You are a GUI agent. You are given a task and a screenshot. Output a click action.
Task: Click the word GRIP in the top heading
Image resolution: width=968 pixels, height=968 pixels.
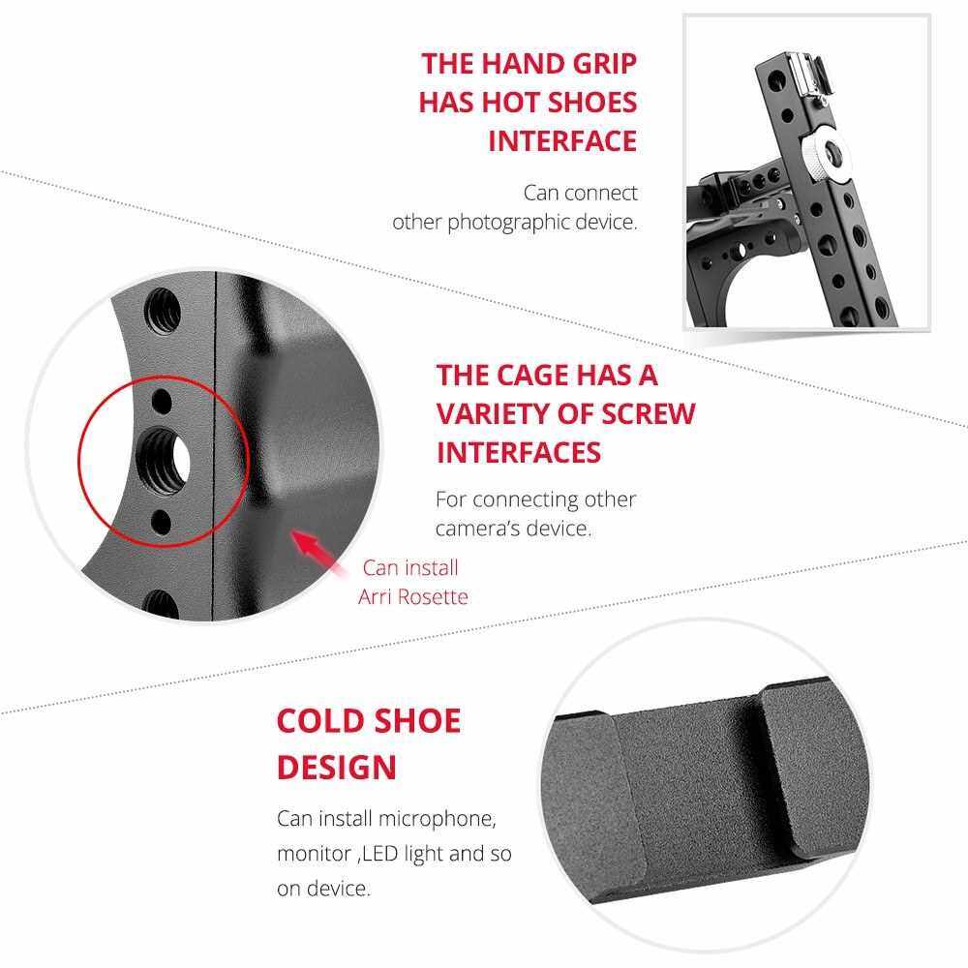pyautogui.click(x=604, y=64)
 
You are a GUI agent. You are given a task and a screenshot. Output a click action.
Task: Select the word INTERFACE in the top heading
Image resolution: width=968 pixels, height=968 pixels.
pyautogui.click(x=562, y=141)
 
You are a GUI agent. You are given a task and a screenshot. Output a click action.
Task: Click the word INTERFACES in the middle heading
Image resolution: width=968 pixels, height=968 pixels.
pyautogui.click(x=519, y=453)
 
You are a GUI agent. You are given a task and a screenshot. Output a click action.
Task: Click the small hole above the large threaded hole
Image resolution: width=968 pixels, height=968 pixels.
pyautogui.click(x=161, y=402)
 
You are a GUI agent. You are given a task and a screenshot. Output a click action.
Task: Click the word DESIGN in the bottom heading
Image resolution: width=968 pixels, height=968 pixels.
pyautogui.click(x=337, y=768)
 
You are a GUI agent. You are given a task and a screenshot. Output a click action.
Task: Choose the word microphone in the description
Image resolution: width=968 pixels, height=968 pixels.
pyautogui.click(x=438, y=819)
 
